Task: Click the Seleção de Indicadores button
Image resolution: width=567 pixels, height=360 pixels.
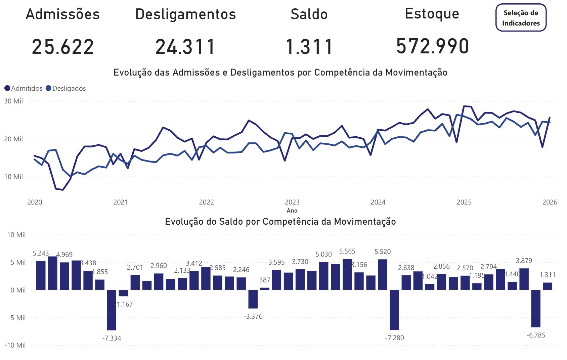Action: point(521,18)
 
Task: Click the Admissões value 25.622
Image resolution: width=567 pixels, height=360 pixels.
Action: point(63,47)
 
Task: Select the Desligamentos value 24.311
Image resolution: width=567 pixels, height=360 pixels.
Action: point(185,47)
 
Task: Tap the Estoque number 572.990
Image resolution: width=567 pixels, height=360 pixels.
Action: point(433,46)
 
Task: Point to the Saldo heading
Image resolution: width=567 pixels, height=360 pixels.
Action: point(309,14)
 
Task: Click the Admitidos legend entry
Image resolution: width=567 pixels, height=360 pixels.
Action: point(24,88)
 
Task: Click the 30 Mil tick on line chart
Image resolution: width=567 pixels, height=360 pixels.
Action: point(13,101)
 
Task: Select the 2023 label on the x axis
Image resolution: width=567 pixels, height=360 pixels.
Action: point(292,202)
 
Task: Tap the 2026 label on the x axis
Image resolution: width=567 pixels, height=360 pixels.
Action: point(550,202)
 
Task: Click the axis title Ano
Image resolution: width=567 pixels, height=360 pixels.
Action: point(292,211)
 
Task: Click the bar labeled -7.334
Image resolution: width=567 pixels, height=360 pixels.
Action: point(112,310)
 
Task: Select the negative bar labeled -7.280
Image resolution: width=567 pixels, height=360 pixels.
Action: point(394,310)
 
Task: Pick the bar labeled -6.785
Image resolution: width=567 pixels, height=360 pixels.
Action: point(536,308)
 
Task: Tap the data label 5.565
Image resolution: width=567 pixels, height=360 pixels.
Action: point(347,251)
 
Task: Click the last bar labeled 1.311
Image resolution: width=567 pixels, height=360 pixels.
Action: point(548,286)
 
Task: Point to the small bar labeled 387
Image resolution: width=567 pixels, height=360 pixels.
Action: point(265,288)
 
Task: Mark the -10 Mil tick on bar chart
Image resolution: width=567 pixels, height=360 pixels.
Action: point(15,345)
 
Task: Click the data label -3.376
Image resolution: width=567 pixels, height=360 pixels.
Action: point(253,316)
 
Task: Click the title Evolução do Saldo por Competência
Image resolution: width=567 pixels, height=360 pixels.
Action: point(280,222)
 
